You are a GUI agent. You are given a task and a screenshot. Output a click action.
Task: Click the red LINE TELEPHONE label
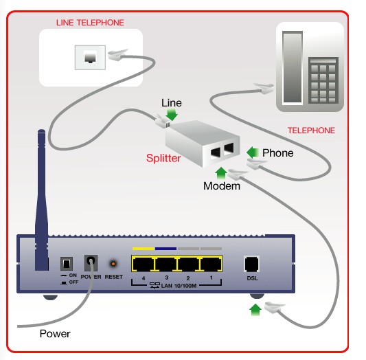[90, 23]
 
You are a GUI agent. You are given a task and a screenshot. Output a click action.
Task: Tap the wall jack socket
[90, 58]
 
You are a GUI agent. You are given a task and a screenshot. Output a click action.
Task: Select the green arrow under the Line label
[172, 115]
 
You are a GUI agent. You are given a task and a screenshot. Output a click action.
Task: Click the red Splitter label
[163, 158]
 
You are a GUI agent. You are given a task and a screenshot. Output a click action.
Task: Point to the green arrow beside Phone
[253, 153]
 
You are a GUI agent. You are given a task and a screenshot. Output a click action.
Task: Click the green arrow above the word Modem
[221, 173]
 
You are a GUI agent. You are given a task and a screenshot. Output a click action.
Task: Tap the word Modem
[222, 186]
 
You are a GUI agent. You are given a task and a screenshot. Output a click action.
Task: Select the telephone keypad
[323, 80]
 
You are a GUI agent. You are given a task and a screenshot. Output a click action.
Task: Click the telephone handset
[293, 67]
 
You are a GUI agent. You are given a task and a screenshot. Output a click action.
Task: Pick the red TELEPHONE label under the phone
[311, 131]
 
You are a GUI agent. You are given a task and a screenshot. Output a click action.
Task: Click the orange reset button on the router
[113, 264]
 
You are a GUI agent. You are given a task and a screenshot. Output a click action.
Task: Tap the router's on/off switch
[67, 264]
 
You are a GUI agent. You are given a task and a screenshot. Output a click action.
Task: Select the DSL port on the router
[251, 264]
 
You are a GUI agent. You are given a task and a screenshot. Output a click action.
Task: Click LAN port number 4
[143, 264]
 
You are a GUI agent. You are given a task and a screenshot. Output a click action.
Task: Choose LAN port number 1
[211, 264]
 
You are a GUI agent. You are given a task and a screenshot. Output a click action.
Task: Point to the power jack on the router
[91, 262]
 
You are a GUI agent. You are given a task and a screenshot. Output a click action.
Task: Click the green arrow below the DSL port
[255, 310]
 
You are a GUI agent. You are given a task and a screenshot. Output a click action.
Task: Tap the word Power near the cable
[55, 334]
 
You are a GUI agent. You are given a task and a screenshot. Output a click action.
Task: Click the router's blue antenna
[42, 201]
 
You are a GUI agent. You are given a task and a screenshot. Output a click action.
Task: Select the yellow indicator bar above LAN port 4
[143, 249]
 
